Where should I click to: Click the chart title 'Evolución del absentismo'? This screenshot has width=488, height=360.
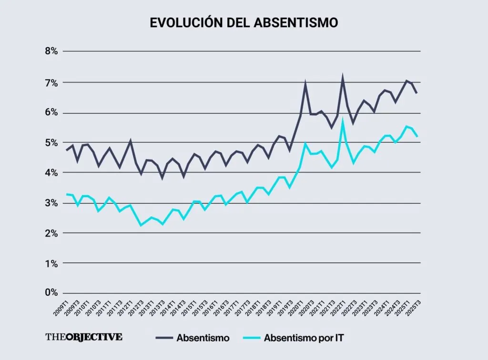pos(244,22)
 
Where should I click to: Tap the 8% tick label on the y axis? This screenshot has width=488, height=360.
pos(51,51)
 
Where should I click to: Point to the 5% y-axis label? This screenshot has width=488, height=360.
pos(51,143)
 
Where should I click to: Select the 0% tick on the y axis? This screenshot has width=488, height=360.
pos(51,292)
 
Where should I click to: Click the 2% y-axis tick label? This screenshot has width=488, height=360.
pos(51,233)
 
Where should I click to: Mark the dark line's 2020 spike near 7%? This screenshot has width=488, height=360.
pos(305,84)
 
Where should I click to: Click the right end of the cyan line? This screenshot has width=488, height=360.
pos(417,137)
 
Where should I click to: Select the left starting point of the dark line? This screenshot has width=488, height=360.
pos(67,150)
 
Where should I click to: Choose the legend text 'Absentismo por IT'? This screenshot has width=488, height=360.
pos(304,338)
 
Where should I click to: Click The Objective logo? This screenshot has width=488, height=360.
pos(84,337)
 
